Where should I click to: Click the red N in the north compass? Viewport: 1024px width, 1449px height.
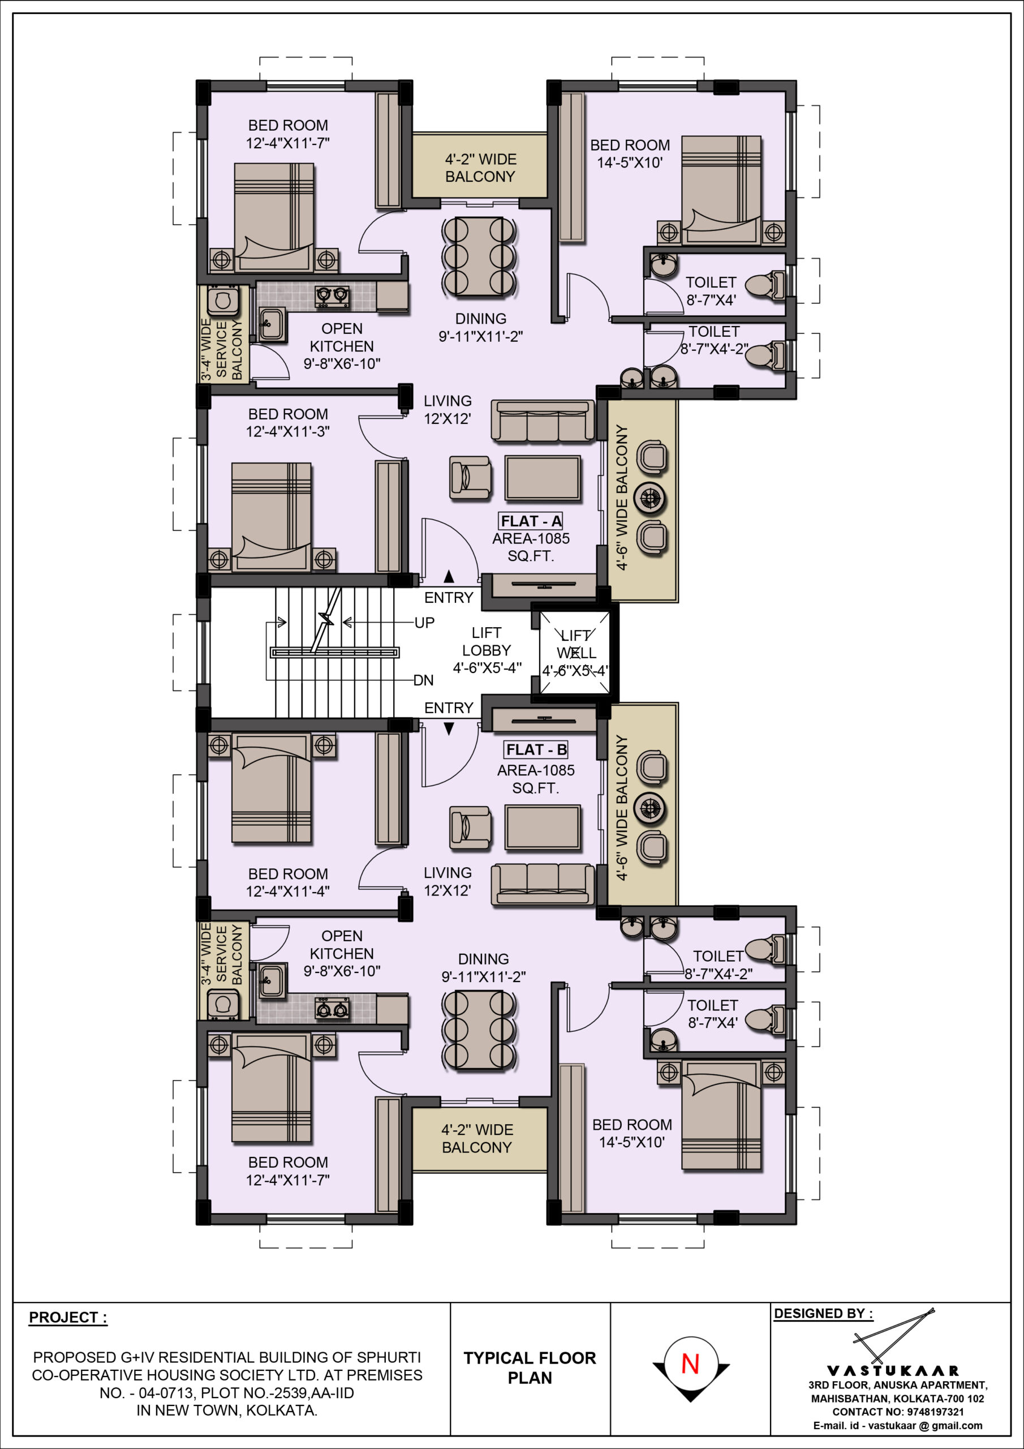(690, 1365)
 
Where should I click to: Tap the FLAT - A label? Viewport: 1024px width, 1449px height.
(531, 521)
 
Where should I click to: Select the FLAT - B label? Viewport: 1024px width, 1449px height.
(536, 750)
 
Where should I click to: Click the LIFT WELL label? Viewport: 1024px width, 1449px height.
(576, 644)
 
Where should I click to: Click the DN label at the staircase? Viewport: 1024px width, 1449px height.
(423, 680)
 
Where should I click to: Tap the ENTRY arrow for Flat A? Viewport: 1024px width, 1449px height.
(449, 576)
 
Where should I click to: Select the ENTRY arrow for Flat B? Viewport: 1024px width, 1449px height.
(449, 729)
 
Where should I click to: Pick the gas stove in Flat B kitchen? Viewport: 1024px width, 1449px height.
(332, 1009)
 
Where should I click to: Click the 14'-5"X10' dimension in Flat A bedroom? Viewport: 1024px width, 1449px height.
(630, 163)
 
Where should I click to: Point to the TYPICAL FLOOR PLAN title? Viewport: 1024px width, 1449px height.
(530, 1367)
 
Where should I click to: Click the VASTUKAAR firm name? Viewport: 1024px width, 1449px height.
(893, 1370)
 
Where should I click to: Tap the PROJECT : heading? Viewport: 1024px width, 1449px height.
(68, 1317)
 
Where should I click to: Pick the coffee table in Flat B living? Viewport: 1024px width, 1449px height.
(543, 827)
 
